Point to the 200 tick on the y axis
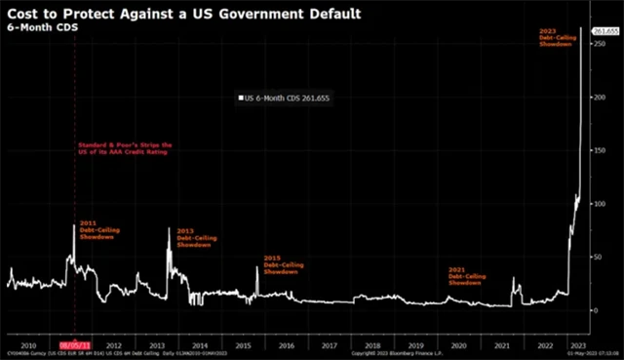[598, 98]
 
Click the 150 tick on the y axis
[598, 151]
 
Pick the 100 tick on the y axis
[598, 204]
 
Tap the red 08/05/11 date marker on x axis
[75, 344]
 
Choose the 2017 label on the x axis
[329, 344]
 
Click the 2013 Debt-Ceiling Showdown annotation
[194, 238]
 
